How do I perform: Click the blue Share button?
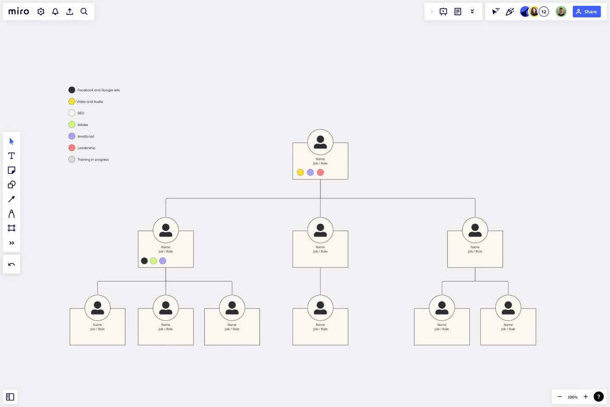[x=586, y=12]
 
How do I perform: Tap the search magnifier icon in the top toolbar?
[x=84, y=11]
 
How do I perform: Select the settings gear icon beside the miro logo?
[x=41, y=11]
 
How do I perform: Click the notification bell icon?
[x=55, y=11]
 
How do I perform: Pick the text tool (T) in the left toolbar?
[x=11, y=156]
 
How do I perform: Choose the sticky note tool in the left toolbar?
[x=11, y=170]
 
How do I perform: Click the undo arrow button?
[x=11, y=265]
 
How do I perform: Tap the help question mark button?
[x=598, y=397]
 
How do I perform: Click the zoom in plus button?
[x=585, y=397]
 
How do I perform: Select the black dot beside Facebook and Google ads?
[x=72, y=90]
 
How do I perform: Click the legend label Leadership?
[x=86, y=148]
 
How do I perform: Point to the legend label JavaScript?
[x=86, y=137]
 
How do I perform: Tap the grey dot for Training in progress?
[x=72, y=159]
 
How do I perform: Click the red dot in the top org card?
[x=320, y=173]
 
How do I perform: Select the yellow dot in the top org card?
[x=300, y=173]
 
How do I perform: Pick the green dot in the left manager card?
[x=153, y=261]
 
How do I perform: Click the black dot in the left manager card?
[x=144, y=261]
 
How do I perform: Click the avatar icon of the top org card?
[x=320, y=142]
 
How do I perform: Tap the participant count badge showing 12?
[x=544, y=12]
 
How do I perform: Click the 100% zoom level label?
[x=572, y=397]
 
